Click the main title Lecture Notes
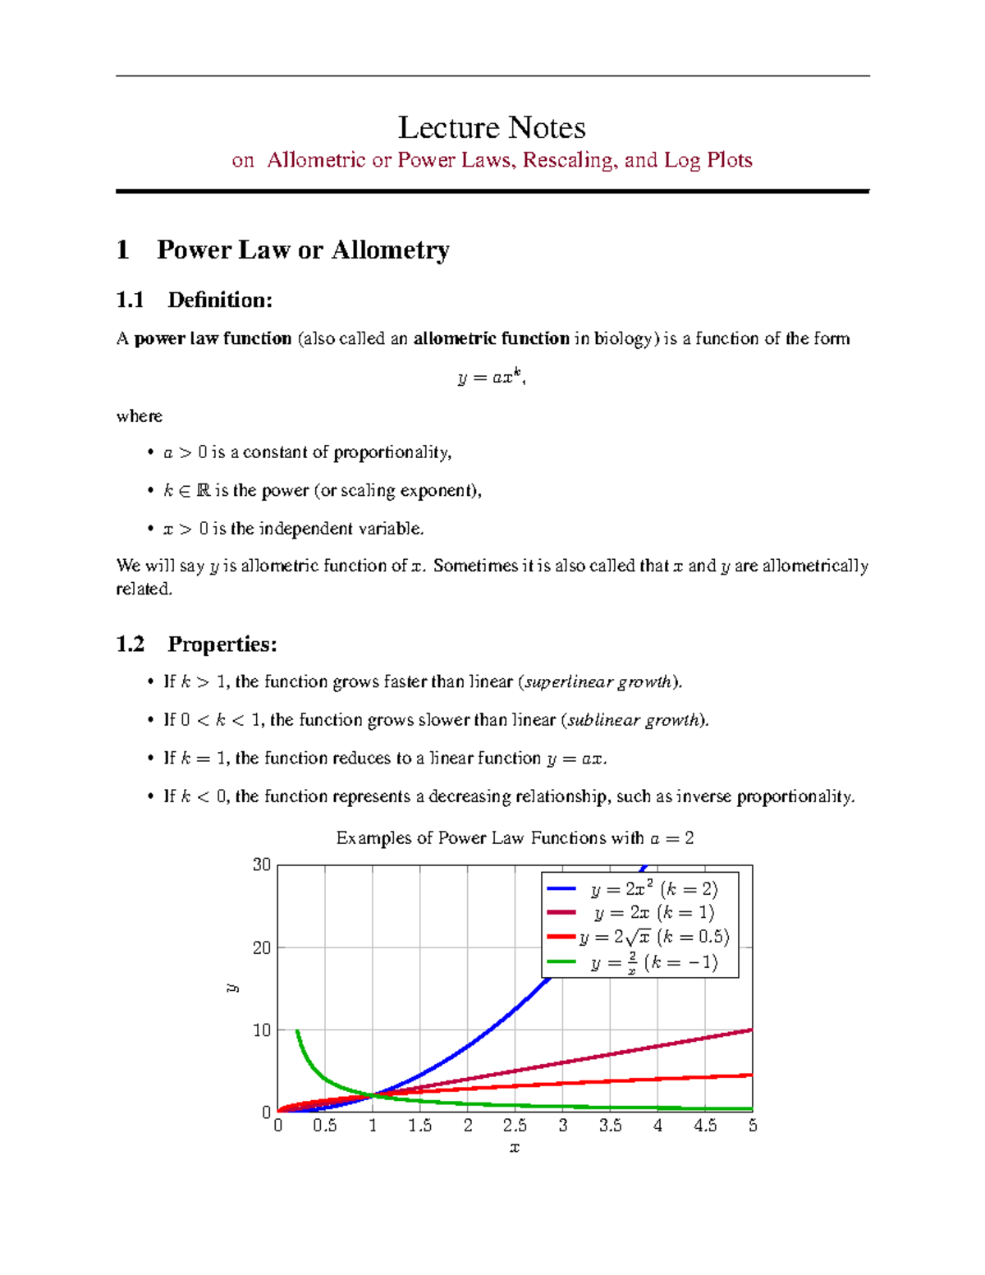click(x=492, y=128)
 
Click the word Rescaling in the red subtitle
click(x=568, y=160)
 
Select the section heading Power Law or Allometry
click(x=303, y=250)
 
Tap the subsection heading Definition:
click(x=219, y=300)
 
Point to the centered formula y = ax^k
click(x=491, y=378)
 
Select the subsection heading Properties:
click(x=222, y=644)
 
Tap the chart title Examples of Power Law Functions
click(x=515, y=838)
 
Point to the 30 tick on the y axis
click(x=262, y=865)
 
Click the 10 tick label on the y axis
click(x=262, y=1030)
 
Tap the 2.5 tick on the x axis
click(x=515, y=1126)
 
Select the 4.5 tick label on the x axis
click(x=705, y=1126)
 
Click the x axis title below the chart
click(x=515, y=1148)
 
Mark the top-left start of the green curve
click(x=297, y=1031)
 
